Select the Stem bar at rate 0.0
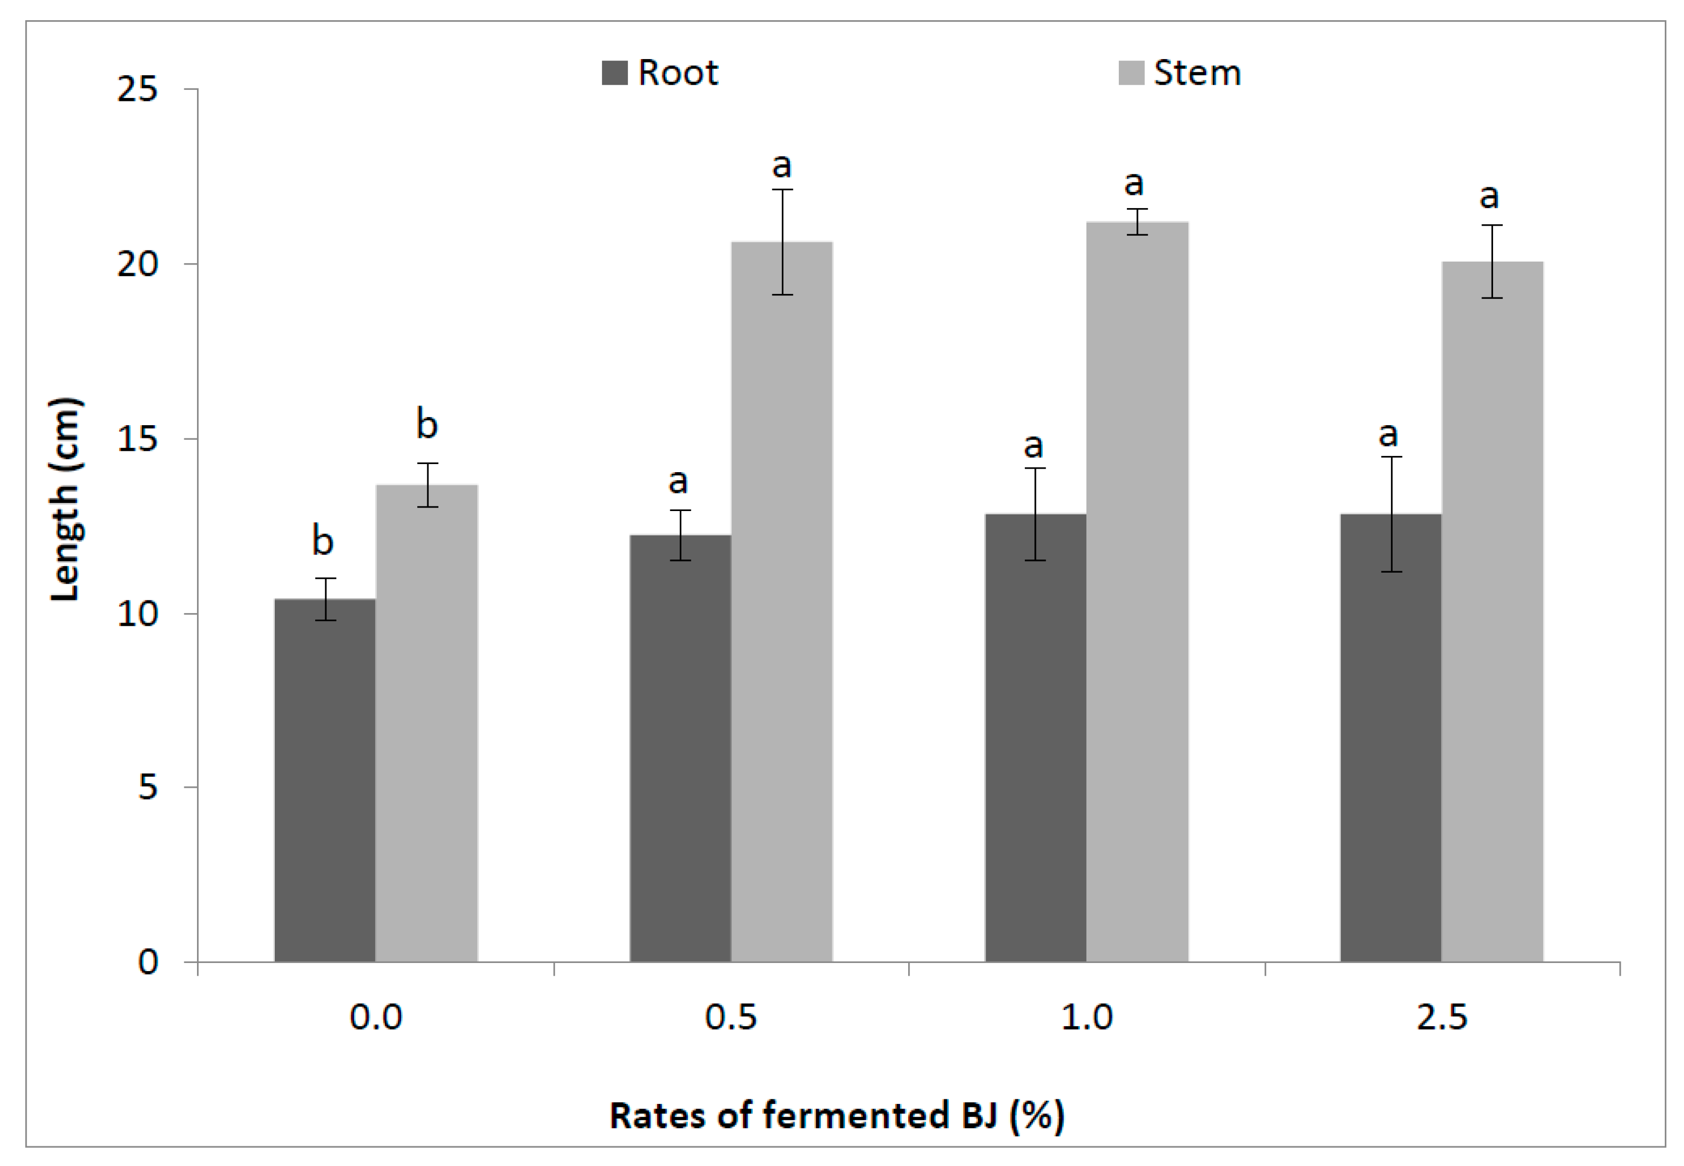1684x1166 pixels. [427, 723]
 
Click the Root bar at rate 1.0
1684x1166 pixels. [1035, 738]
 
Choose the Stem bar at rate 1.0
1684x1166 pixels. [1137, 592]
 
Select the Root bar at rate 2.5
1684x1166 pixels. [1391, 738]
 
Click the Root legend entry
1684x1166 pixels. [661, 72]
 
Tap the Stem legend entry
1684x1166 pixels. [1179, 72]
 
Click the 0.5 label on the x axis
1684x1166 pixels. [730, 1017]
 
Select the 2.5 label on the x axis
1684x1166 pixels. [1442, 1017]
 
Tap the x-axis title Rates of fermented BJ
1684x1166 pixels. [836, 1116]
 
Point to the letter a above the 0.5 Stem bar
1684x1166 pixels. [782, 166]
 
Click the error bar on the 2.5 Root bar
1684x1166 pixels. [1391, 514]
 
